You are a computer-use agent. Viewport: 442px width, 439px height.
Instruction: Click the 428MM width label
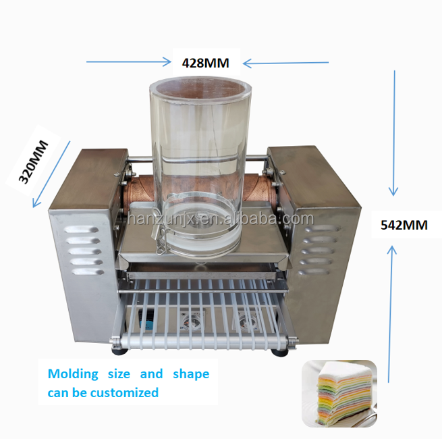pyautogui.click(x=206, y=63)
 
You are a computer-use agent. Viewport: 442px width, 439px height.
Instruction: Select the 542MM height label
pyautogui.click(x=404, y=225)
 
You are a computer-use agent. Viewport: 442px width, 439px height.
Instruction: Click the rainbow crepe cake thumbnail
pyautogui.click(x=339, y=394)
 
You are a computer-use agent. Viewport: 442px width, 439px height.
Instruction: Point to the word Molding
pyautogui.click(x=72, y=373)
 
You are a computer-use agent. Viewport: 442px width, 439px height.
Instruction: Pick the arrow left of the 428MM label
pyautogui.click(x=128, y=62)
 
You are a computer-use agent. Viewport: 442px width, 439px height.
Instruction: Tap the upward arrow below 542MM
pyautogui.click(x=392, y=311)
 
